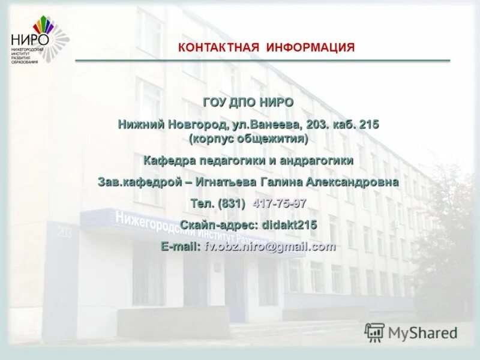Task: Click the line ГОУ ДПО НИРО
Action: (x=248, y=103)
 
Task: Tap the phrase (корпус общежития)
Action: (x=248, y=139)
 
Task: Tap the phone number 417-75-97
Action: (x=280, y=203)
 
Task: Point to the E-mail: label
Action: (x=181, y=246)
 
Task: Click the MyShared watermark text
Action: (x=422, y=332)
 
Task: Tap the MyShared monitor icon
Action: (x=375, y=332)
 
